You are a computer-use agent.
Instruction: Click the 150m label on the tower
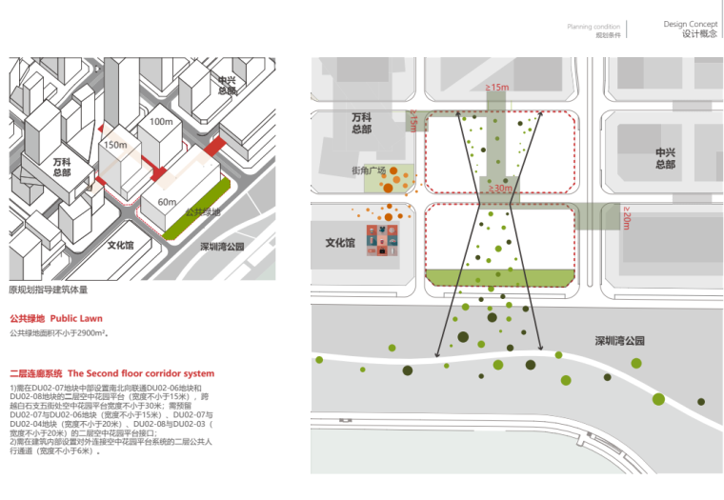pos(114,145)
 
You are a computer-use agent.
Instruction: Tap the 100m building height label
pos(161,121)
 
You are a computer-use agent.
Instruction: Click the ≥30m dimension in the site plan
pos(499,189)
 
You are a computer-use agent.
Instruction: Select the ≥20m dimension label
pos(627,218)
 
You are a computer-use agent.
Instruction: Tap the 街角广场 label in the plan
pos(369,171)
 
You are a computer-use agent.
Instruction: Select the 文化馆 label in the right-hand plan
pos(340,243)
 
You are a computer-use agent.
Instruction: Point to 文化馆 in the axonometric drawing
pos(120,246)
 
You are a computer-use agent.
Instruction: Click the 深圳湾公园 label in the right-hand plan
pos(619,340)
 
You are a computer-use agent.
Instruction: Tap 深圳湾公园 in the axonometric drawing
pos(222,246)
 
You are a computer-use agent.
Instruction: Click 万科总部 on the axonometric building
pos(62,168)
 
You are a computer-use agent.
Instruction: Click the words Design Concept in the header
pos(690,23)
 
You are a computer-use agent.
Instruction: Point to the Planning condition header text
pos(593,27)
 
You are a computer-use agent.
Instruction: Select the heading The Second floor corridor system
pos(141,373)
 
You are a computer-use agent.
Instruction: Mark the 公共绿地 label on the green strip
pos(202,212)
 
